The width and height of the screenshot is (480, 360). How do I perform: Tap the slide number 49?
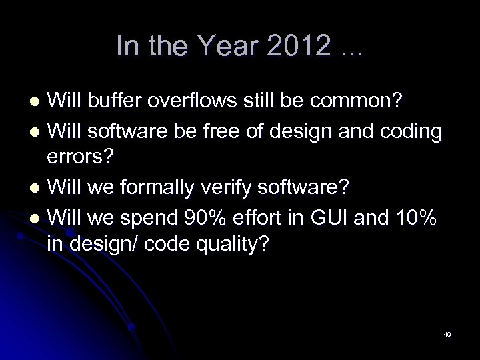(447, 334)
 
